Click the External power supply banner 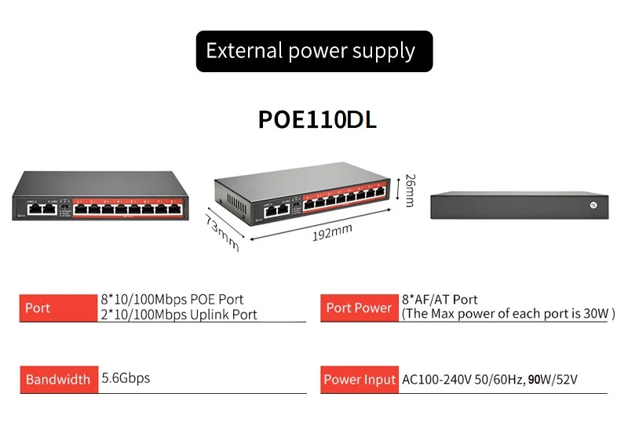(x=314, y=52)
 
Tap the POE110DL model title (x=317, y=119)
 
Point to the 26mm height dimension (x=408, y=191)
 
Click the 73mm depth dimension (x=222, y=231)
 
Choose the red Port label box (x=57, y=308)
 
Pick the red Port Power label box (x=359, y=308)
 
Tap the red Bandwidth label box (x=57, y=379)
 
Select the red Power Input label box (x=359, y=380)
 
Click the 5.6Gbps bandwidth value (x=126, y=378)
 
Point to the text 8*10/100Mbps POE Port (x=172, y=300)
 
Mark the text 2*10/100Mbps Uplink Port (x=179, y=315)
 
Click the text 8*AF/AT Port (x=440, y=300)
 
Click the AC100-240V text (x=436, y=380)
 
